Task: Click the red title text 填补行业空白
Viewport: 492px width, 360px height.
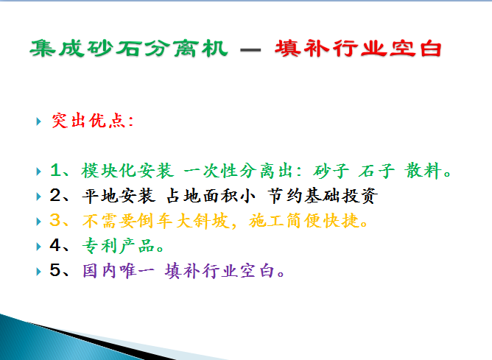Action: pos(358,49)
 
